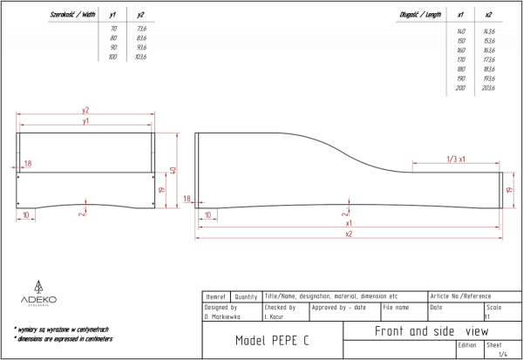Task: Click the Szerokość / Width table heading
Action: pos(73,15)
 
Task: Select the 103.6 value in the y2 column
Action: pos(141,57)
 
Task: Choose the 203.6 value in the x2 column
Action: pos(488,88)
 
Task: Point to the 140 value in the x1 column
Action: pos(461,31)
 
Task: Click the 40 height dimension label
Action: pos(174,170)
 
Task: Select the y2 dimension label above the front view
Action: pos(85,110)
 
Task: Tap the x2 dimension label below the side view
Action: pos(349,234)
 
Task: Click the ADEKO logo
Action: pos(39,295)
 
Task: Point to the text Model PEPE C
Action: pos(272,340)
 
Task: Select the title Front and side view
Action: pos(431,331)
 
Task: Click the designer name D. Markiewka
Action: pos(221,316)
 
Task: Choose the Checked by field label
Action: pos(280,307)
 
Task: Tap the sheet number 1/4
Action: pos(501,354)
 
